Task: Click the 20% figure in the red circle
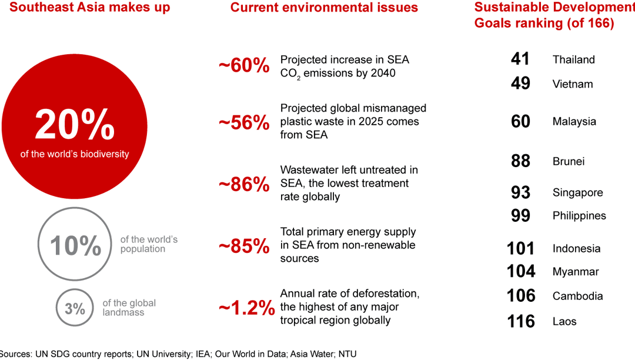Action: click(x=75, y=125)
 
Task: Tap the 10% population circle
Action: click(x=75, y=245)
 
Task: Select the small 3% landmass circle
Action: click(x=75, y=308)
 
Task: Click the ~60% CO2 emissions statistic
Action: click(x=244, y=66)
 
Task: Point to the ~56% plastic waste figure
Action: click(x=244, y=122)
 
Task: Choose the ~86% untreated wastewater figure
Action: click(x=244, y=184)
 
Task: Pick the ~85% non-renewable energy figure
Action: click(x=244, y=245)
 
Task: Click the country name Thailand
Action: click(x=573, y=59)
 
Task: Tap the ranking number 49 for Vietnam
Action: click(x=520, y=84)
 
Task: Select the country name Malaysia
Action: click(x=574, y=122)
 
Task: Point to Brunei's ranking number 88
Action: click(x=520, y=161)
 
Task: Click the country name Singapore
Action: click(x=577, y=192)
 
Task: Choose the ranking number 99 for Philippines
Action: click(x=520, y=215)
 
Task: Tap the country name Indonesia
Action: click(x=576, y=248)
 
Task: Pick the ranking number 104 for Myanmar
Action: click(x=521, y=271)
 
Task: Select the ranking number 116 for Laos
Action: click(x=521, y=321)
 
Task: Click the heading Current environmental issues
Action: click(x=324, y=8)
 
